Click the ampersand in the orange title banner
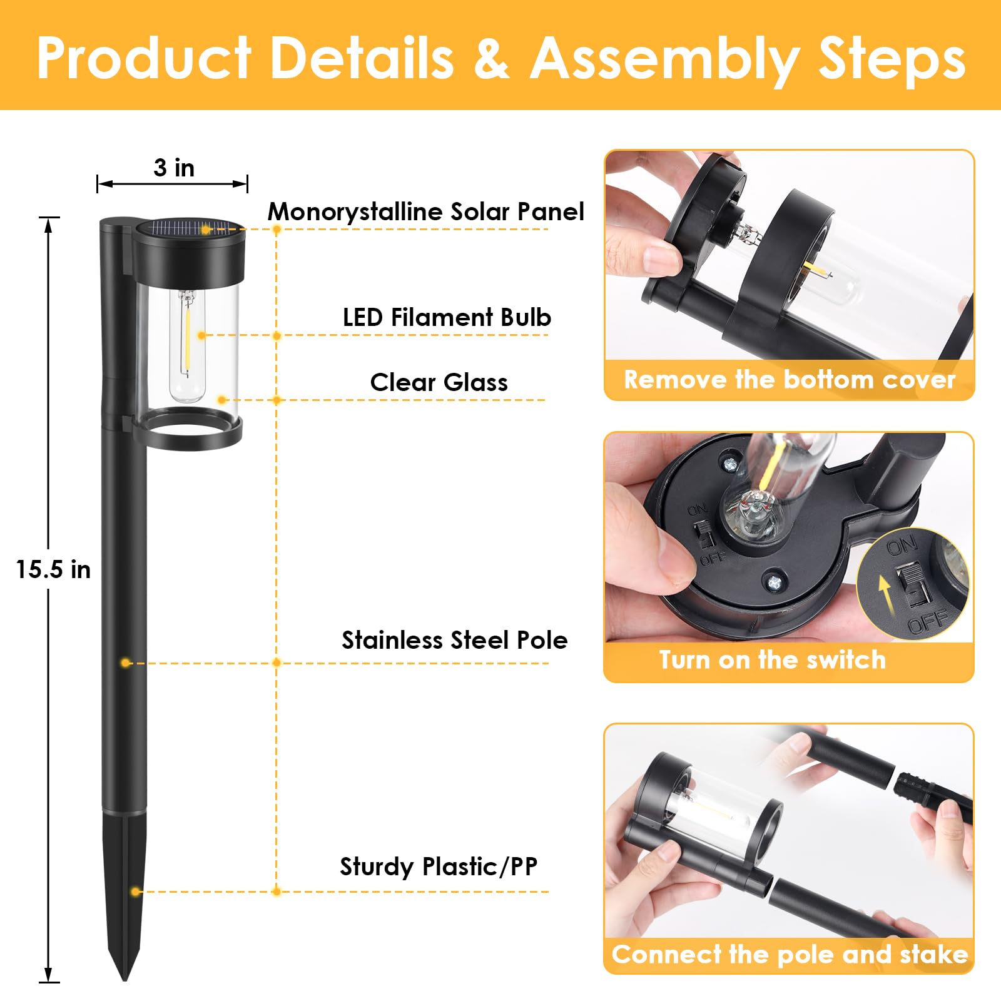pos(491,58)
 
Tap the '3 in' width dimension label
pos(174,168)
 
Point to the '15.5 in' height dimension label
pos(53,569)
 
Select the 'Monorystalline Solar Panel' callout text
pos(426,212)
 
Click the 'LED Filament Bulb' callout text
pos(447,317)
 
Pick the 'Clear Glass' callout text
pos(439,382)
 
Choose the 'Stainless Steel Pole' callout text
pos(454,640)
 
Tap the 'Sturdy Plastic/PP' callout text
pos(439,866)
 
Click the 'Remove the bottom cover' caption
pos(790,380)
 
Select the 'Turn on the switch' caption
pos(773,659)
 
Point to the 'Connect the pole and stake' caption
pos(790,954)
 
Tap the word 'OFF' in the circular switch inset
pos(929,622)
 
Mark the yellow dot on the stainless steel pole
pos(126,663)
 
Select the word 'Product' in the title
pos(145,58)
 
